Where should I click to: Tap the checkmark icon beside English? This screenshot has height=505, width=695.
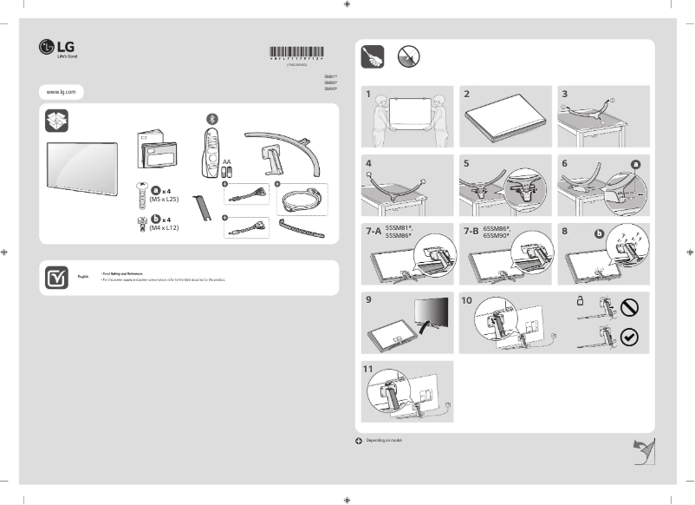tap(56, 277)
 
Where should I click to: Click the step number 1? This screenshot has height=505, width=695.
tap(368, 94)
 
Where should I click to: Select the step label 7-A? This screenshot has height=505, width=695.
tap(373, 232)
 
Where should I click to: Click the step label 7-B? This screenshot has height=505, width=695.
tap(471, 232)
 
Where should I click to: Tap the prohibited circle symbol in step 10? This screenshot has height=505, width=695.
tap(630, 307)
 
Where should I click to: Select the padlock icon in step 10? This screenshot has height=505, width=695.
tap(580, 301)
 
